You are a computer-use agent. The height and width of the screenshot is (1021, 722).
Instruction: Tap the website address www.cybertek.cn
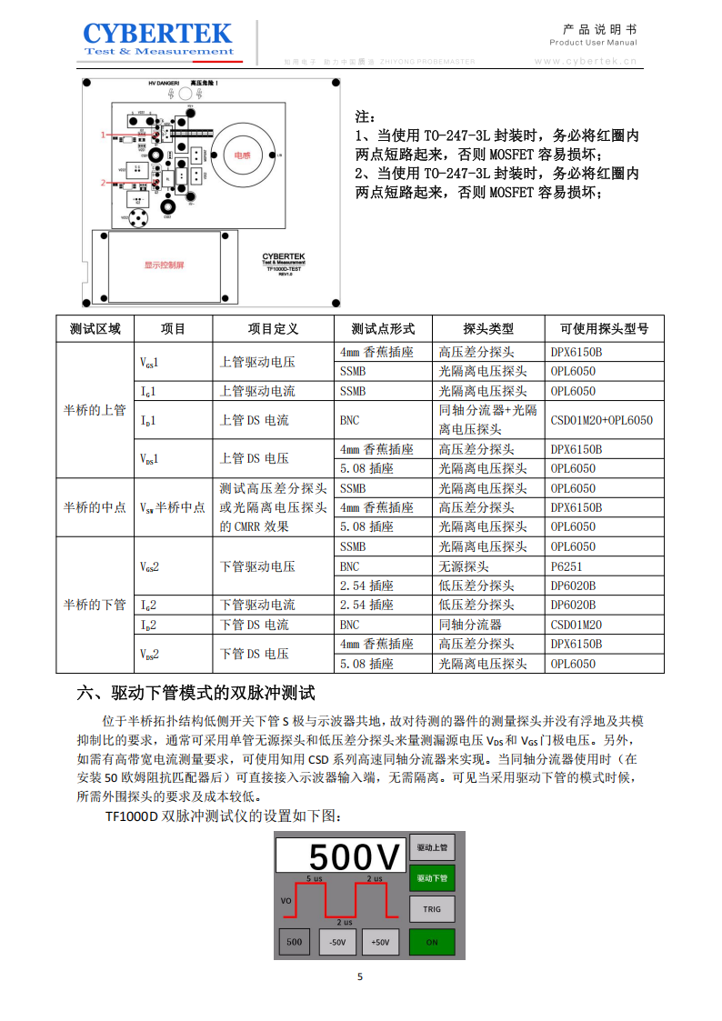click(586, 62)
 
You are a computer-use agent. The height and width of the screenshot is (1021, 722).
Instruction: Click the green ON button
click(432, 942)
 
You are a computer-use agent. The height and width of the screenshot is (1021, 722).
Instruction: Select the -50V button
click(337, 943)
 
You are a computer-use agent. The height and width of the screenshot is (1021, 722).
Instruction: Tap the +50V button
click(380, 943)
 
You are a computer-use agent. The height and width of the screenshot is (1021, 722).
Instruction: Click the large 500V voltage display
click(341, 857)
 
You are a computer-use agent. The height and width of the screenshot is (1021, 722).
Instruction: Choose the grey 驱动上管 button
click(432, 847)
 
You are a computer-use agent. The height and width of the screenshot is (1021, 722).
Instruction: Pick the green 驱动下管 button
click(432, 878)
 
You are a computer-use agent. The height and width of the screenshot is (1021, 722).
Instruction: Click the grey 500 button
click(294, 942)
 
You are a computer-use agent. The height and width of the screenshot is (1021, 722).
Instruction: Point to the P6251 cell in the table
click(566, 566)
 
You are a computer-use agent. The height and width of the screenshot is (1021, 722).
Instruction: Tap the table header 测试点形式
click(383, 328)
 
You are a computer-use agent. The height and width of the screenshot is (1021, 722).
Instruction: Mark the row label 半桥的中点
click(95, 507)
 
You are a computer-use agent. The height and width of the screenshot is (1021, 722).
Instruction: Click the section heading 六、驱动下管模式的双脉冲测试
click(196, 694)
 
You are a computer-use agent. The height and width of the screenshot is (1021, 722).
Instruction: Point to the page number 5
click(360, 977)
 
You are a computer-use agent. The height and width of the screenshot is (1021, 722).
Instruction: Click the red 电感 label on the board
click(243, 155)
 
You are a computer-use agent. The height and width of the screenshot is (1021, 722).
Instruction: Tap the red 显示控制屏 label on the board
click(164, 265)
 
